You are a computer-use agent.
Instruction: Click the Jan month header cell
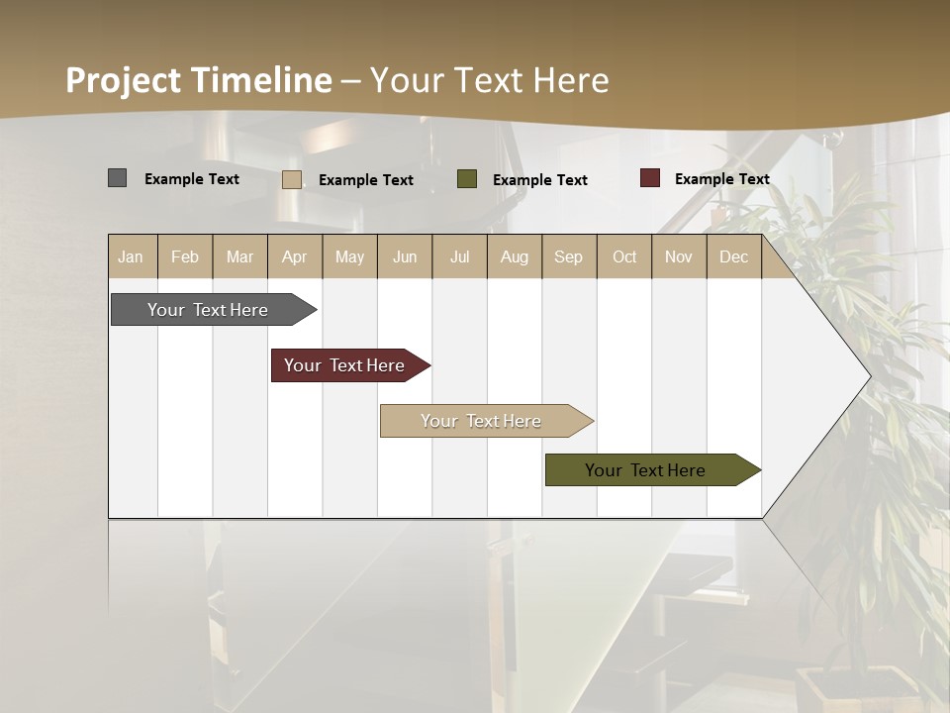point(132,256)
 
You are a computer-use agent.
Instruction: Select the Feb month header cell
point(185,256)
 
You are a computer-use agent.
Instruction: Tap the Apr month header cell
point(295,256)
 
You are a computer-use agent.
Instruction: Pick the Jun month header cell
point(405,256)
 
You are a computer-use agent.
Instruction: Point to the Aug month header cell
point(515,256)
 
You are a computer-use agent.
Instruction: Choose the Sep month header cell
point(569,256)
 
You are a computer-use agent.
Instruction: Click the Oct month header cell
point(624,256)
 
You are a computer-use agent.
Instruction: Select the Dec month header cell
point(734,256)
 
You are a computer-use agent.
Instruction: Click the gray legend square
point(118,178)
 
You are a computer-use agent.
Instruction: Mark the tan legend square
point(292,179)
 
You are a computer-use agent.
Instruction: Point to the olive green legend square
point(467,179)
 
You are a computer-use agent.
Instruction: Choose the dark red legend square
point(650,178)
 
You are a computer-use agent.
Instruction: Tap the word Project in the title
point(123,80)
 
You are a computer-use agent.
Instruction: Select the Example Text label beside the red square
point(721,179)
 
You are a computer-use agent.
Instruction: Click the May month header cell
point(349,256)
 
